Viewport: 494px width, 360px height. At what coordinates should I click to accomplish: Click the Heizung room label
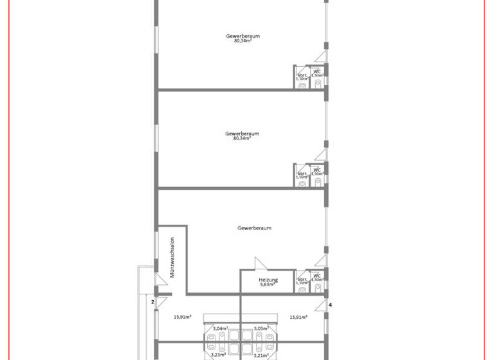(x=268, y=280)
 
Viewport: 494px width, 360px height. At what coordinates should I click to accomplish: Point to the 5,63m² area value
(x=268, y=284)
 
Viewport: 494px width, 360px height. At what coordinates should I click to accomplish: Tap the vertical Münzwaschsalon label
(x=172, y=258)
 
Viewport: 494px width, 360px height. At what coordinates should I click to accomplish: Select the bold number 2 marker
(x=152, y=301)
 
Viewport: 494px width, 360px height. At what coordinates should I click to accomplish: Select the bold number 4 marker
(x=330, y=305)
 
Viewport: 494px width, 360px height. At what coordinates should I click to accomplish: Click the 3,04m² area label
(x=220, y=328)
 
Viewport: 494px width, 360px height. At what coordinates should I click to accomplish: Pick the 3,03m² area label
(x=261, y=328)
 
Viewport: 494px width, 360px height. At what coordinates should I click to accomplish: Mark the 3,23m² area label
(x=219, y=354)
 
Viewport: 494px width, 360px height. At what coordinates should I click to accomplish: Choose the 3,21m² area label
(x=261, y=354)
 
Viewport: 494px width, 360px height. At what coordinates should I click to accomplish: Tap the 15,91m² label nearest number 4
(x=298, y=317)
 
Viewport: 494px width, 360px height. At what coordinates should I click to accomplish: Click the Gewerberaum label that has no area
(x=254, y=228)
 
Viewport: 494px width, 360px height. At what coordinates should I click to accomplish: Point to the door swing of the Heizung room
(x=261, y=264)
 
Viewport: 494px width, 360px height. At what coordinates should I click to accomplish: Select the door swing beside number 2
(x=161, y=302)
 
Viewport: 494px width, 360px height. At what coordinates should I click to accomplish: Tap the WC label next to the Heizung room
(x=316, y=276)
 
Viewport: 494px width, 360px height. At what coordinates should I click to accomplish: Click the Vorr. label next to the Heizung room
(x=301, y=280)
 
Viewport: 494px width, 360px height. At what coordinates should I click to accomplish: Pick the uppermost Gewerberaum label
(x=242, y=36)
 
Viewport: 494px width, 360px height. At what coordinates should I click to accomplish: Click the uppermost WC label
(x=316, y=72)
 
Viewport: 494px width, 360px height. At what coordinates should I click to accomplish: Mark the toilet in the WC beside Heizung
(x=317, y=289)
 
